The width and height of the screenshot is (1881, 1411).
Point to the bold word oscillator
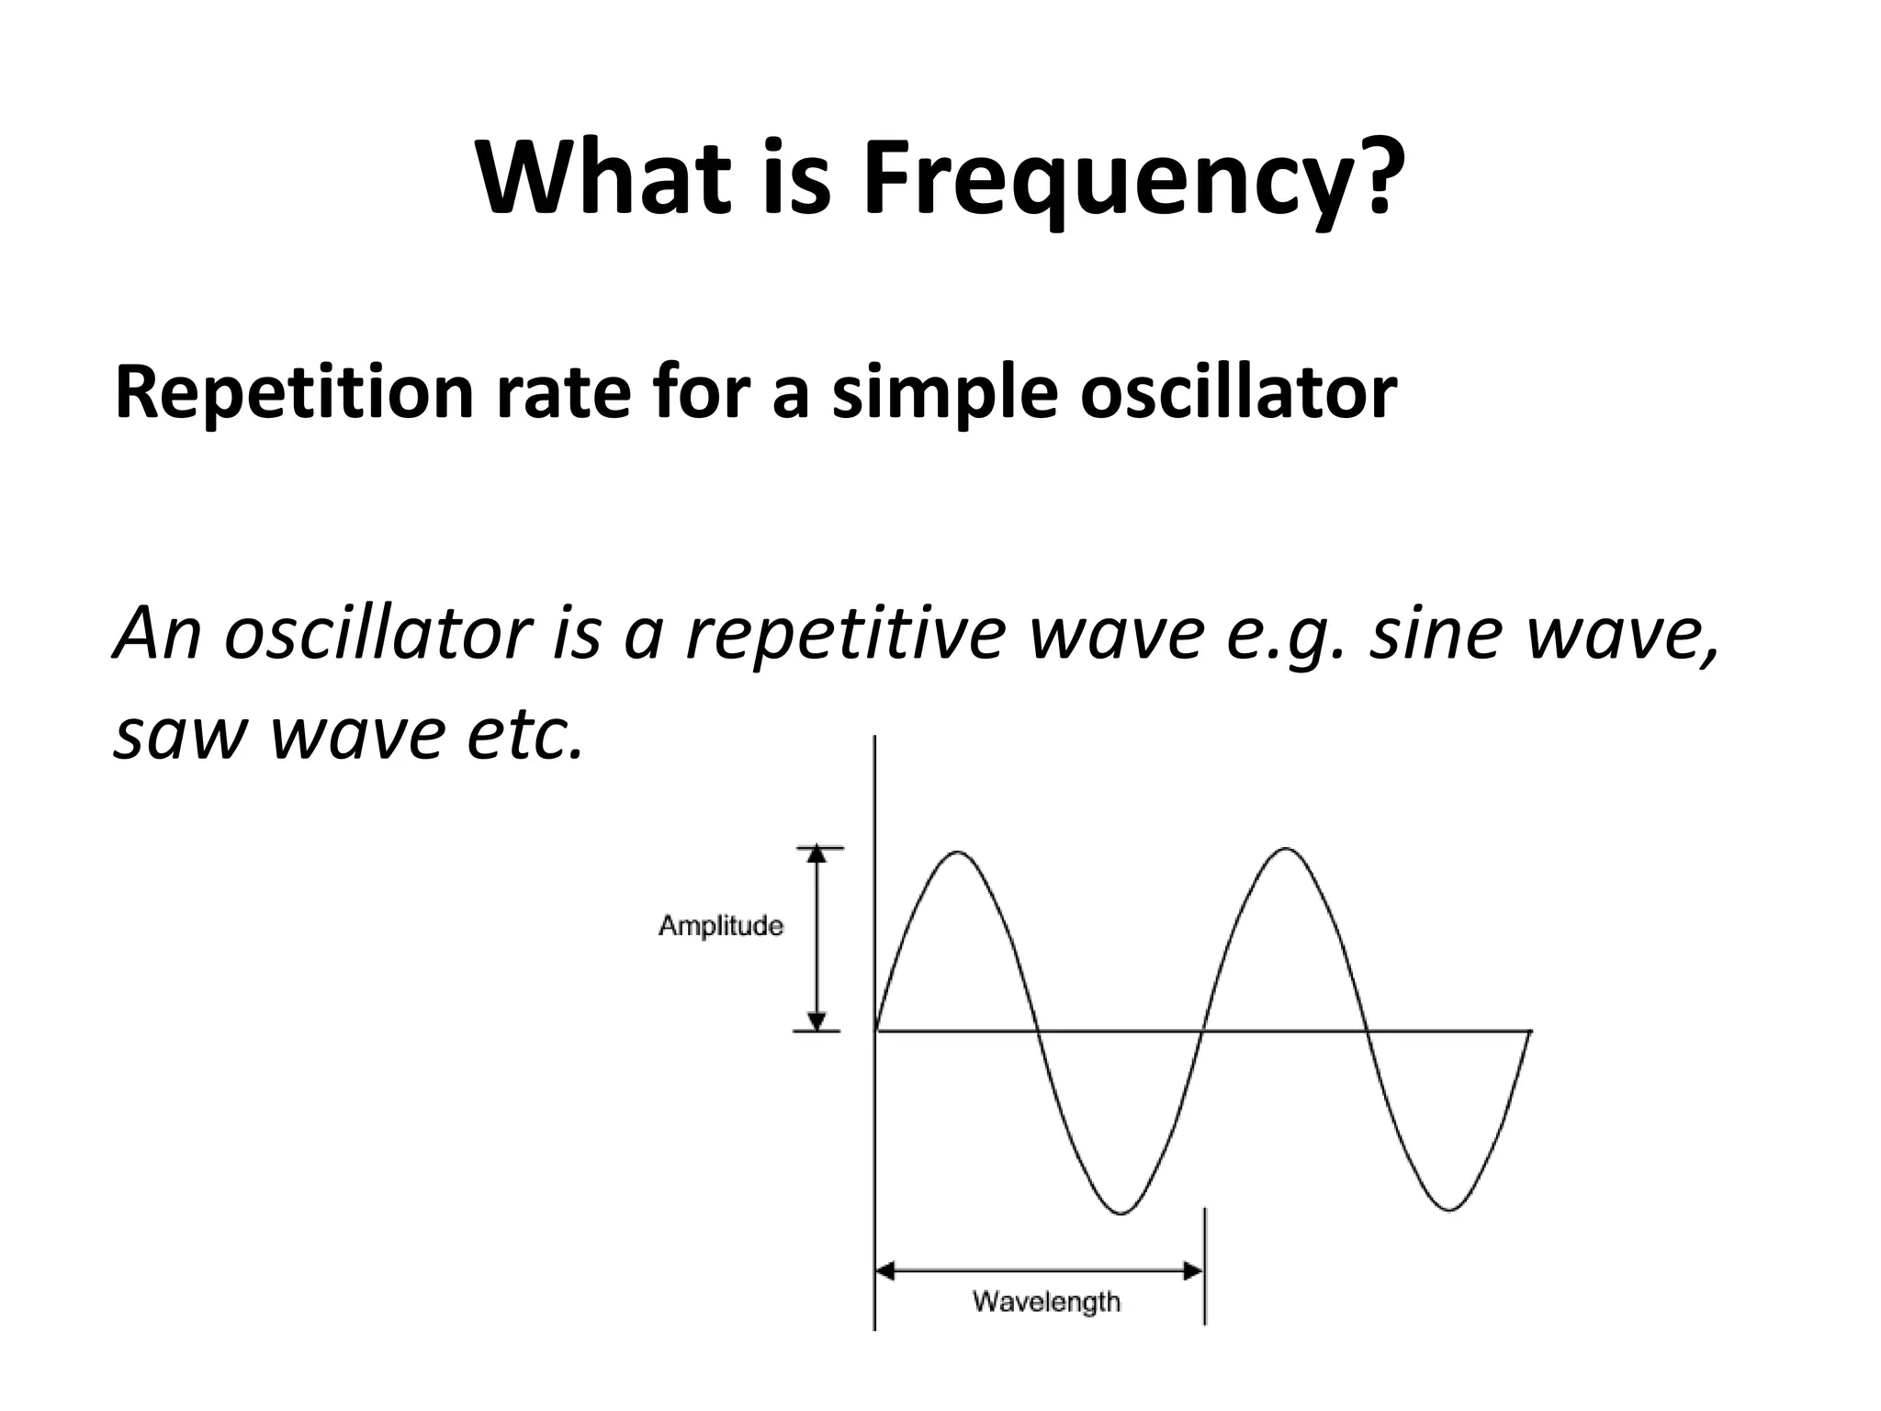(x=1237, y=392)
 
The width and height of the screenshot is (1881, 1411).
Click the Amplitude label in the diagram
(x=721, y=926)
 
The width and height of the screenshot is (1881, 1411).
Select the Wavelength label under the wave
(x=1046, y=1302)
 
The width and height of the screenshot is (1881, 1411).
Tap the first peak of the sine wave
(x=958, y=853)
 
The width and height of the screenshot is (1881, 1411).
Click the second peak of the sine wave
(x=1285, y=850)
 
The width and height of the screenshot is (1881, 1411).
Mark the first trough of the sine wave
(x=1121, y=1213)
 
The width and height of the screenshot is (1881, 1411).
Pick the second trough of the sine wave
(x=1448, y=1210)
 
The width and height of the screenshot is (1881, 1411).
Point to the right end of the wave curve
(x=1529, y=1033)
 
